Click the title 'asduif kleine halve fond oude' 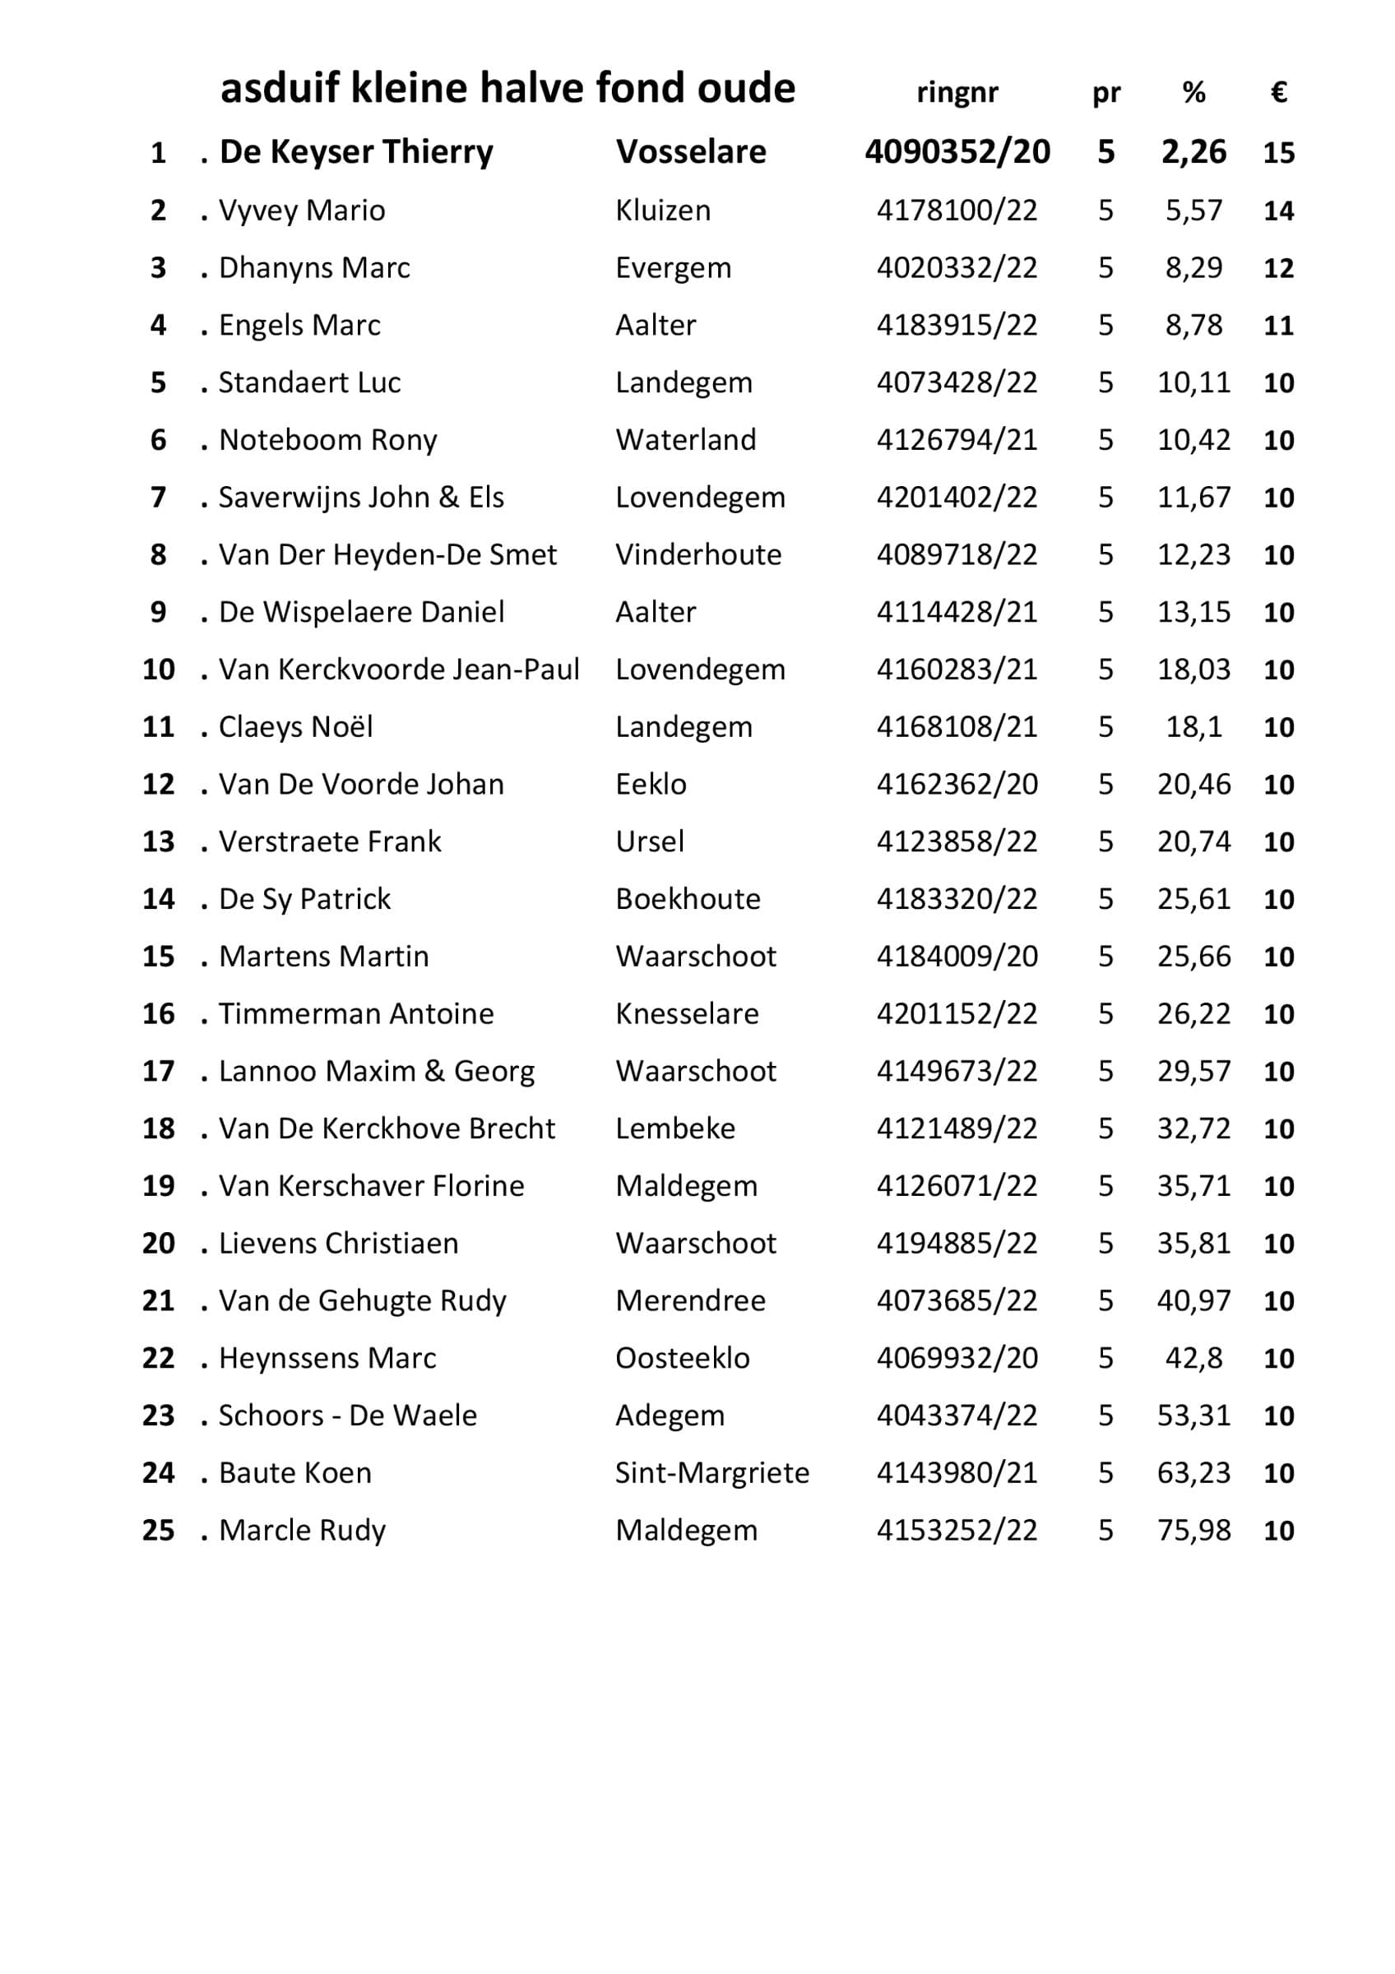pos(507,89)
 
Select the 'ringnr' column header pos(957,92)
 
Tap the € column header pos(1278,92)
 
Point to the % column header pos(1193,92)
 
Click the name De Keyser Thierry pos(356,152)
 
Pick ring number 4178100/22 pos(957,211)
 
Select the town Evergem pos(673,268)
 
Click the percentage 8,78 pos(1193,325)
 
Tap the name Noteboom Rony pos(327,440)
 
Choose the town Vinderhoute pos(698,554)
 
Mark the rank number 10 pos(158,670)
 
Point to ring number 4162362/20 pos(957,784)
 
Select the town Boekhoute pos(688,899)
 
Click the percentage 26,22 pos(1193,1013)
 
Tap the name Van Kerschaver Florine pos(371,1187)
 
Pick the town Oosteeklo pos(683,1359)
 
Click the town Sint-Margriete pos(711,1474)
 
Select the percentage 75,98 pos(1193,1531)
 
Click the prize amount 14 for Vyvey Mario pos(1278,211)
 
